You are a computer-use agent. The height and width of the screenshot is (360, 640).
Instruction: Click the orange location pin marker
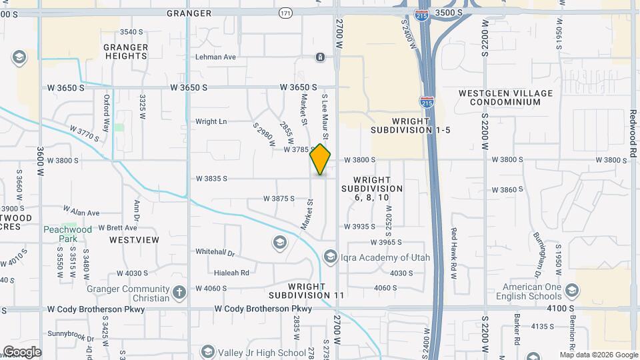(320, 159)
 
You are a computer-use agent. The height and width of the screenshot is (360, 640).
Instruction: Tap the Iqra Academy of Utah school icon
(330, 257)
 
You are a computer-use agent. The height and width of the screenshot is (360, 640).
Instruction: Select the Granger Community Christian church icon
(179, 292)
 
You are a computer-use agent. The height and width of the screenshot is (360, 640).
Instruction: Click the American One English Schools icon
(571, 290)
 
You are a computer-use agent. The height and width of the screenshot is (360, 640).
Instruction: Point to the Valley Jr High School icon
(207, 353)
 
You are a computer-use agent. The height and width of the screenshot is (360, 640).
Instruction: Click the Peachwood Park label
(67, 233)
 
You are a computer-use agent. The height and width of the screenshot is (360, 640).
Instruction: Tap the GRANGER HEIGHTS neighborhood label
(125, 51)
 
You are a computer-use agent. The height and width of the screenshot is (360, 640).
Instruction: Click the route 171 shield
(285, 13)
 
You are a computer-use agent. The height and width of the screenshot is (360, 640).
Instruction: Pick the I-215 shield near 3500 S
(421, 15)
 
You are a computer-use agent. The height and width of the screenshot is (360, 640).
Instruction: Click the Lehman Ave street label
(215, 57)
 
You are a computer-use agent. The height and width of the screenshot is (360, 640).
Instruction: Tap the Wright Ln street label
(211, 121)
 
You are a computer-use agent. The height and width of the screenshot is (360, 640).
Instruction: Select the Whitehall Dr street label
(215, 253)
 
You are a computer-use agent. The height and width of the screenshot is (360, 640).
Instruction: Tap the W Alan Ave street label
(81, 211)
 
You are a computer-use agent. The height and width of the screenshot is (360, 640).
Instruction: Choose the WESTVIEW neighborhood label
(134, 239)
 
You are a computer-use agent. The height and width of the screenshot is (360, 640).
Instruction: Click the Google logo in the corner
(21, 351)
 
